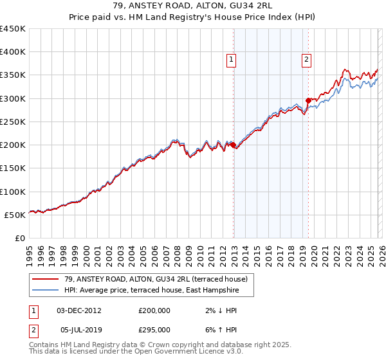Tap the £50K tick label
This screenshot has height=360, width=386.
[x=15, y=215]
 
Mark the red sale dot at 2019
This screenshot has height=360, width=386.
[x=308, y=100]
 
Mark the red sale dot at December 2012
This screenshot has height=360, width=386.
[x=233, y=145]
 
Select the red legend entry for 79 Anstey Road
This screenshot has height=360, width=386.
[x=151, y=278]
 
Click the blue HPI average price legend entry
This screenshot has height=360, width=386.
[x=151, y=291]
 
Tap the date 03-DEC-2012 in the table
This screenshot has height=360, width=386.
[x=78, y=310]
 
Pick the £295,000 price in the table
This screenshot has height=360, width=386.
[x=154, y=329]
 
